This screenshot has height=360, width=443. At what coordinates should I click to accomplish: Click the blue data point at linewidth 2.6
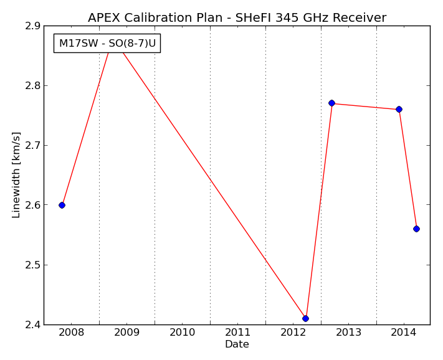tap(62, 206)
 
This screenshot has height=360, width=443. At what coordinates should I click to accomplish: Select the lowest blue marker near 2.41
tap(305, 318)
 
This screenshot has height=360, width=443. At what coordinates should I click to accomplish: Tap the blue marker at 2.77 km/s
tap(331, 103)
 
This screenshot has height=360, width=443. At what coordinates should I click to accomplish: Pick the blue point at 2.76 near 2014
tap(399, 109)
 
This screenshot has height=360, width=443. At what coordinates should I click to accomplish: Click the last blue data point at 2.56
tap(416, 229)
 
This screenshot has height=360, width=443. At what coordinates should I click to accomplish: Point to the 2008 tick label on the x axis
tap(72, 333)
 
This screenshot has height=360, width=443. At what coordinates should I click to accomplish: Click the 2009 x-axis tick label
tap(127, 333)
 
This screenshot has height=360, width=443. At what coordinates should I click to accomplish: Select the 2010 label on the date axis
tap(182, 333)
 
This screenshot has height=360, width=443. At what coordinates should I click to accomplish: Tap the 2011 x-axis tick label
tap(237, 333)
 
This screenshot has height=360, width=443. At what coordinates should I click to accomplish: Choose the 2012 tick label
tap(293, 333)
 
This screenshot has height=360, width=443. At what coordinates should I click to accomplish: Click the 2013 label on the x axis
tap(348, 333)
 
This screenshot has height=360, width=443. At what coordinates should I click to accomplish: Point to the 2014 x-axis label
tap(404, 333)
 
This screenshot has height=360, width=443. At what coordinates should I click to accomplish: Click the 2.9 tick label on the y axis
tap(33, 26)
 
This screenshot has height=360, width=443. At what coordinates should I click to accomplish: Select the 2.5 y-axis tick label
tap(33, 265)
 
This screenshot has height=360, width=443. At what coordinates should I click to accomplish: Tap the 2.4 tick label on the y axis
tap(33, 325)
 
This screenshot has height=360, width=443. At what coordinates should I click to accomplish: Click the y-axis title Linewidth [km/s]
tap(16, 175)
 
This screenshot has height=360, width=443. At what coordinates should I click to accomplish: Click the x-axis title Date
tap(237, 344)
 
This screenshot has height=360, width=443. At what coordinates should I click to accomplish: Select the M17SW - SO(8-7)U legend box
tap(107, 43)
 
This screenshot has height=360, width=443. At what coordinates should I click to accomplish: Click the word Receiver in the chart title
tap(360, 17)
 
